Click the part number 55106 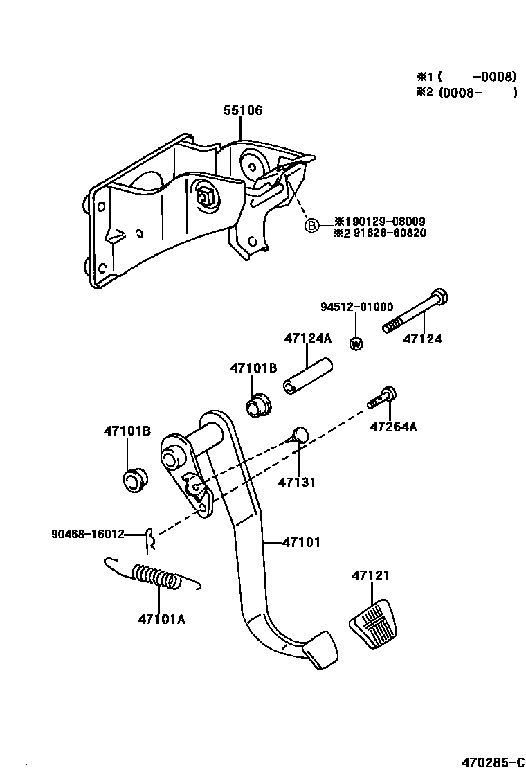point(243,110)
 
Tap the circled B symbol point(312,226)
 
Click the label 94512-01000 point(356,307)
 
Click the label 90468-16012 point(87,534)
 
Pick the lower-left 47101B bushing point(133,479)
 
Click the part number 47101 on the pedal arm point(302,543)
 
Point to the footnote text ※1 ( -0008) point(466,77)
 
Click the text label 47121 point(370,575)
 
